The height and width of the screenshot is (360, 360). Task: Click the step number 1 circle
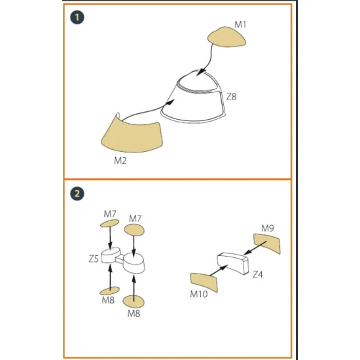(77, 18)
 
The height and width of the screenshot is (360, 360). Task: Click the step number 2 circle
(77, 194)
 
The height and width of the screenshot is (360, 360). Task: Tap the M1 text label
(240, 24)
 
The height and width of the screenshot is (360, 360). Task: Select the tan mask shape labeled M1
(226, 37)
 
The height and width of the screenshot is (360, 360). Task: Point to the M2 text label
(120, 160)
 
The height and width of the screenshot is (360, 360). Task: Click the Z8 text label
(232, 97)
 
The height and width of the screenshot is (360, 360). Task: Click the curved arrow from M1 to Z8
(207, 60)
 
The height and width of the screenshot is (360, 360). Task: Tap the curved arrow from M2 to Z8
(147, 109)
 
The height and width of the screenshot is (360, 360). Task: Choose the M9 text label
(268, 228)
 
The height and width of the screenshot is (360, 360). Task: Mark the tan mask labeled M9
(267, 243)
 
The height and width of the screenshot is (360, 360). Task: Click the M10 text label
(199, 294)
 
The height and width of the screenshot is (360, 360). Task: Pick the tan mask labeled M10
(204, 282)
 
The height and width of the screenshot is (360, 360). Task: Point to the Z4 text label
(258, 274)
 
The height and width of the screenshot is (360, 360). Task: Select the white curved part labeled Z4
(232, 262)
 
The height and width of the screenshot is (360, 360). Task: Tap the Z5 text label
(94, 259)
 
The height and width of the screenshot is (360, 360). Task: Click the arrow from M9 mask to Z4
(255, 247)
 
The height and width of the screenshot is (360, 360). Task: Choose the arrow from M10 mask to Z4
(219, 270)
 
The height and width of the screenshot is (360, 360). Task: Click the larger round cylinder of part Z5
(134, 263)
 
